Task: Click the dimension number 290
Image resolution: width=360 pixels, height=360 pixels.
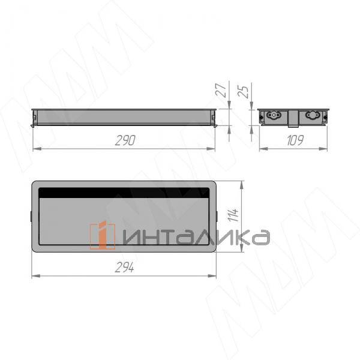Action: pos(124,140)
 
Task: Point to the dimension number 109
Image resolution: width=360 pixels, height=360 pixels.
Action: pos(293,140)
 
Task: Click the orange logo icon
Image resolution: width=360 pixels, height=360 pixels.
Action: pos(102,235)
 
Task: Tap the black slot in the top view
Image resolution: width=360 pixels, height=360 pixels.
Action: pos(124,193)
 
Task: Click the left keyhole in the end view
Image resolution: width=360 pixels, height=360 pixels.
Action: pos(275,116)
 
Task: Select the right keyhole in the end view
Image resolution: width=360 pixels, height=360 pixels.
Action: pos(313,116)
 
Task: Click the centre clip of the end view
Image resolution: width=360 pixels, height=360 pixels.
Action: pos(293,121)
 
